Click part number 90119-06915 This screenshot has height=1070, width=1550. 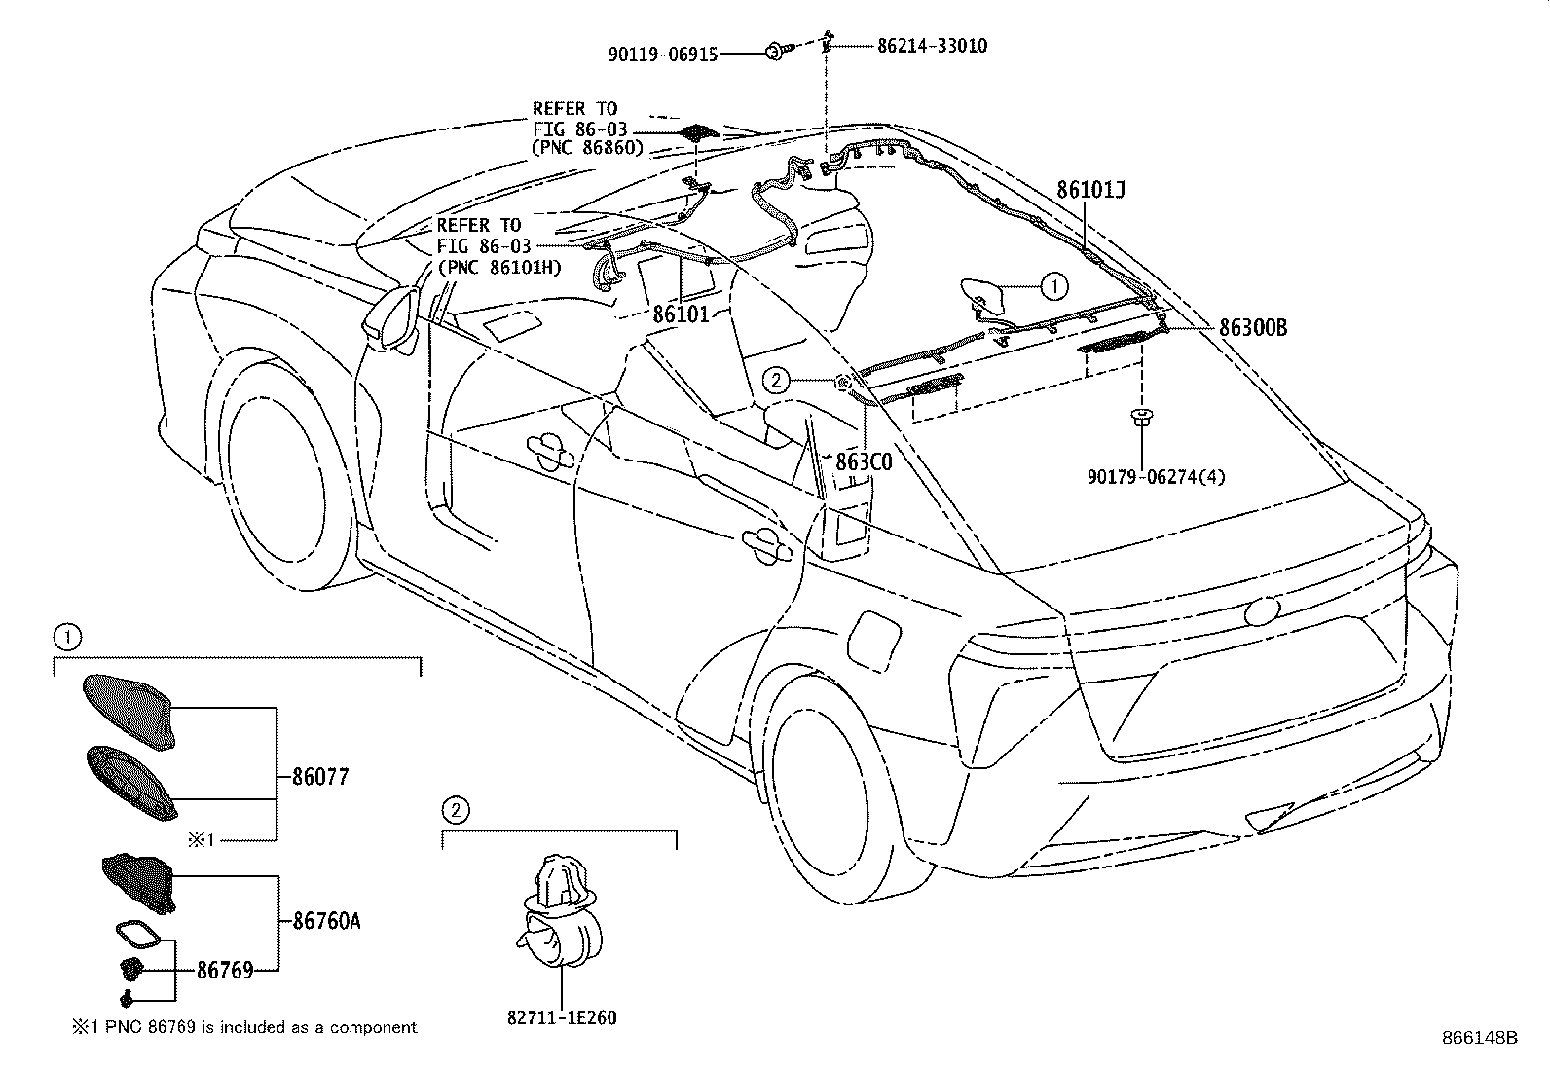pyautogui.click(x=663, y=55)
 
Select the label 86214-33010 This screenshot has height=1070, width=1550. pyautogui.click(x=932, y=46)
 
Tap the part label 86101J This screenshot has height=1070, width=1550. pyautogui.click(x=1090, y=190)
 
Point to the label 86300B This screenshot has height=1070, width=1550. pyautogui.click(x=1252, y=327)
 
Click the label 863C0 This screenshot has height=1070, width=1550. pyautogui.click(x=864, y=461)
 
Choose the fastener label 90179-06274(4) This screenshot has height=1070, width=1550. pyautogui.click(x=1156, y=477)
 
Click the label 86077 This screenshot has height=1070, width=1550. pyautogui.click(x=319, y=777)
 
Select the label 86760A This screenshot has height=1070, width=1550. pyautogui.click(x=326, y=921)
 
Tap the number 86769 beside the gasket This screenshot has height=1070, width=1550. pyautogui.click(x=225, y=971)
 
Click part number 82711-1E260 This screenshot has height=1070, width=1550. pyautogui.click(x=562, y=1017)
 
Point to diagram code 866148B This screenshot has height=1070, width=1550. pyautogui.click(x=1480, y=1038)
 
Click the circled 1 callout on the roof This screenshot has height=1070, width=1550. pyautogui.click(x=1053, y=286)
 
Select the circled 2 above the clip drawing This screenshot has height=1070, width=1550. pyautogui.click(x=456, y=810)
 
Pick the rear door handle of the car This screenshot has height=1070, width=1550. pyautogui.click(x=766, y=545)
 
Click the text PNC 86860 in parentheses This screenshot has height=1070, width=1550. pyautogui.click(x=587, y=147)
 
